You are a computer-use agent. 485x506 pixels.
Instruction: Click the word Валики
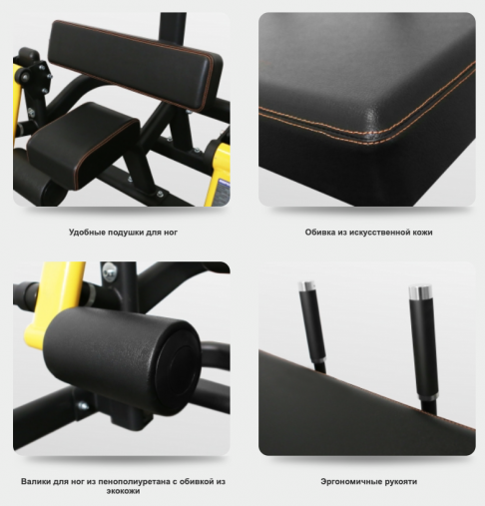pyautogui.click(x=36, y=481)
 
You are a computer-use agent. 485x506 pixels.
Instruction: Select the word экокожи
pyautogui.click(x=123, y=491)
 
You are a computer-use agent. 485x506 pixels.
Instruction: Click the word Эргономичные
pyautogui.click(x=351, y=481)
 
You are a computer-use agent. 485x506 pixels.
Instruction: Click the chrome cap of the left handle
pyautogui.click(x=307, y=286)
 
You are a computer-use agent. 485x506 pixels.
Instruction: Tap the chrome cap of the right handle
pyautogui.click(x=420, y=290)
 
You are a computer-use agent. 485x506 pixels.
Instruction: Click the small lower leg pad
pyautogui.click(x=83, y=145)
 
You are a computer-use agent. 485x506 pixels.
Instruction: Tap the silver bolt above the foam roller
pyautogui.click(x=109, y=269)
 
